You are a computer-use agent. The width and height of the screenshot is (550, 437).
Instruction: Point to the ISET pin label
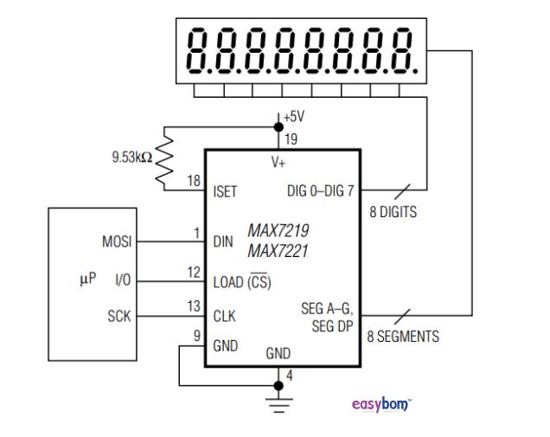pyautogui.click(x=227, y=191)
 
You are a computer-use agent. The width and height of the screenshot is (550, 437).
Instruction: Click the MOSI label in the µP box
pyautogui.click(x=117, y=242)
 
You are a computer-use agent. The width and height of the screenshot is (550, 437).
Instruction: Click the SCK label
pyautogui.click(x=118, y=317)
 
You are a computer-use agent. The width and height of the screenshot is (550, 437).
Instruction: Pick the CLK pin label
pyautogui.click(x=225, y=317)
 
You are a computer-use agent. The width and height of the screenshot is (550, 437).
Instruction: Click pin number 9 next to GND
pyautogui.click(x=196, y=334)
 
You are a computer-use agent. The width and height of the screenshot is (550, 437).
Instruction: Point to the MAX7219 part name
pyautogui.click(x=278, y=231)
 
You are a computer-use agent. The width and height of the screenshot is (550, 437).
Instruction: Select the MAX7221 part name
pyautogui.click(x=278, y=251)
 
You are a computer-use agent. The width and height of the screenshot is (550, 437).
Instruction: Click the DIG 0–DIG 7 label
pyautogui.click(x=320, y=191)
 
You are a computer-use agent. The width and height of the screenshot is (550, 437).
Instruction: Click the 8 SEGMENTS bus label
pyautogui.click(x=403, y=336)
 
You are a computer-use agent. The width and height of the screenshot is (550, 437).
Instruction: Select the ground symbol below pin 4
pyautogui.click(x=278, y=401)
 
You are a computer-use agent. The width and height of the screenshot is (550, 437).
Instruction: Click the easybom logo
pyautogui.click(x=381, y=404)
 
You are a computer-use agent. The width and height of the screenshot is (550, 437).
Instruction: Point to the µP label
pyautogui.click(x=87, y=280)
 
